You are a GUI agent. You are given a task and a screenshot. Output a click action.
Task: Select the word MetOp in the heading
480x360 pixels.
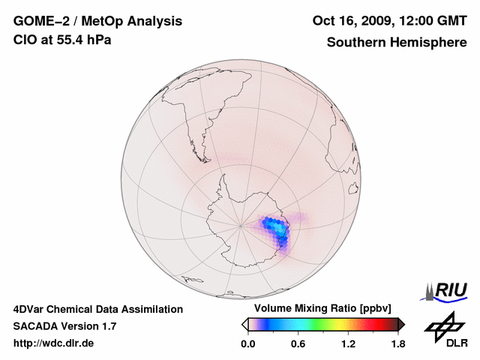(97, 21)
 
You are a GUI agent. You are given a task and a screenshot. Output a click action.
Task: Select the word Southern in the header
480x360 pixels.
(355, 43)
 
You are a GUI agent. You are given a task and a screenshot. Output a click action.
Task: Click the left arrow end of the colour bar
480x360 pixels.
(244, 324)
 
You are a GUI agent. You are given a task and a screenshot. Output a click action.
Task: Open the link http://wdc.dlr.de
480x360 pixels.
(54, 343)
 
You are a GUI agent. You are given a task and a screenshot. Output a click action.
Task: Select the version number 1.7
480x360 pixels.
(108, 326)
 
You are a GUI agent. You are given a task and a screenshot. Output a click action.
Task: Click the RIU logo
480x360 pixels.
(448, 291)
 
